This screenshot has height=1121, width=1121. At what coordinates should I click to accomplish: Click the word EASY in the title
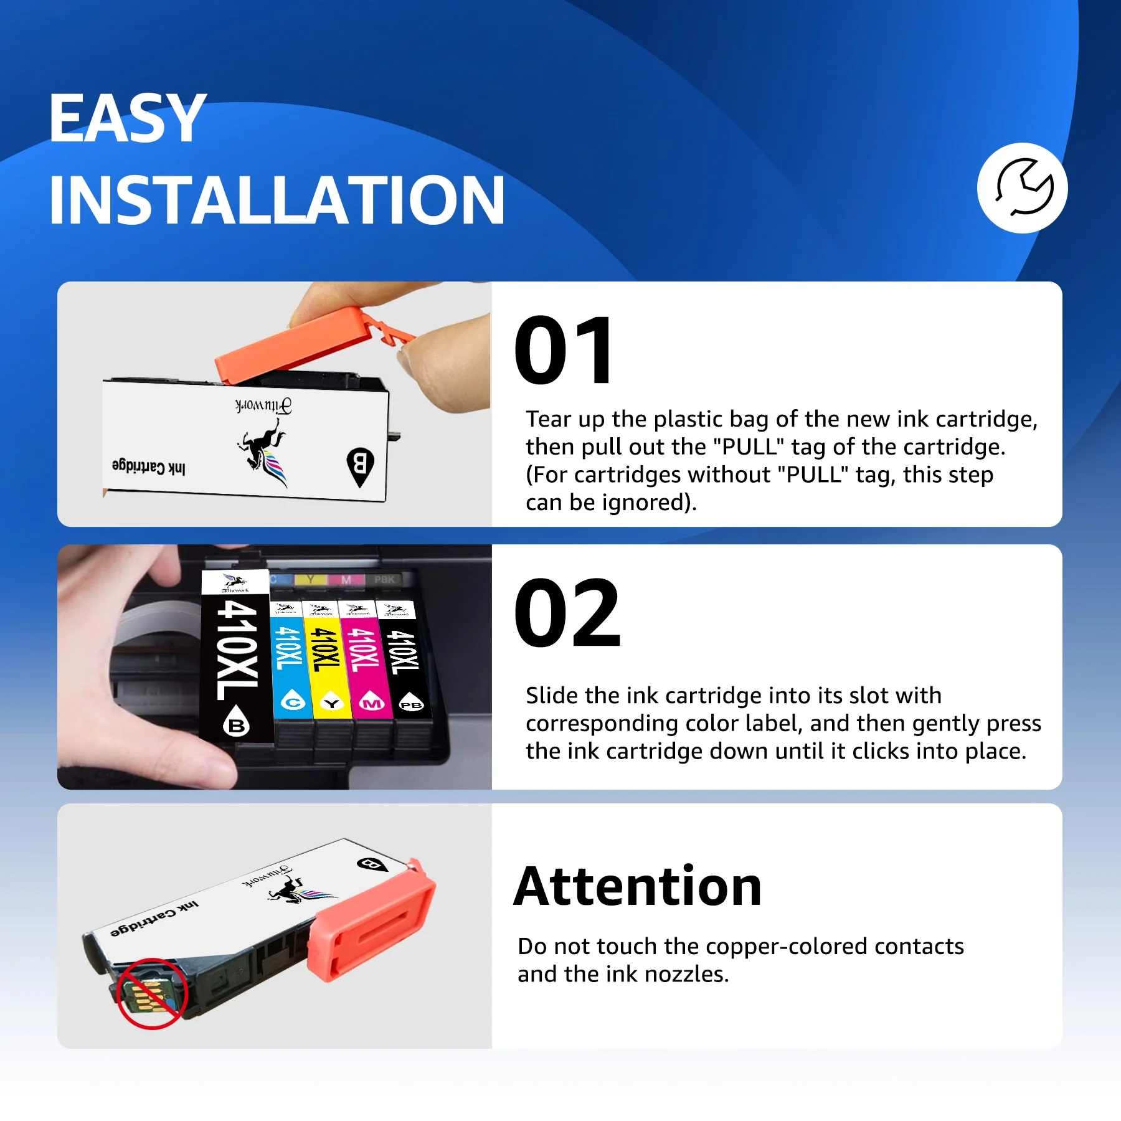coord(127,118)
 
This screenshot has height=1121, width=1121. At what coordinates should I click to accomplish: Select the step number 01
coord(564,350)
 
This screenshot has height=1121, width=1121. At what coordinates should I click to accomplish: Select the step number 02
coord(567,613)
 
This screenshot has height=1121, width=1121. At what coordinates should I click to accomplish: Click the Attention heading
coord(638,887)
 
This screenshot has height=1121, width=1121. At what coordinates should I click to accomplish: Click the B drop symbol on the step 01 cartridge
coord(360,466)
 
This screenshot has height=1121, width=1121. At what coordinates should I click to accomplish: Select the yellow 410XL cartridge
coord(326,660)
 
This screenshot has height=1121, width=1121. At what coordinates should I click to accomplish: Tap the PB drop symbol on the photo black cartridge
coord(411,701)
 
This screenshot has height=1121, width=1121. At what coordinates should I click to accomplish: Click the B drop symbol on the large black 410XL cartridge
coord(237,721)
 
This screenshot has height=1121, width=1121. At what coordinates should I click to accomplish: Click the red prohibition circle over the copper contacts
coord(151,993)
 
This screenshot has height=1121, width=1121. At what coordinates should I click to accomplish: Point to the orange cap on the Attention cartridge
coord(372,920)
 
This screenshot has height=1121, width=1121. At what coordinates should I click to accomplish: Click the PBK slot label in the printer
coord(384,580)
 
